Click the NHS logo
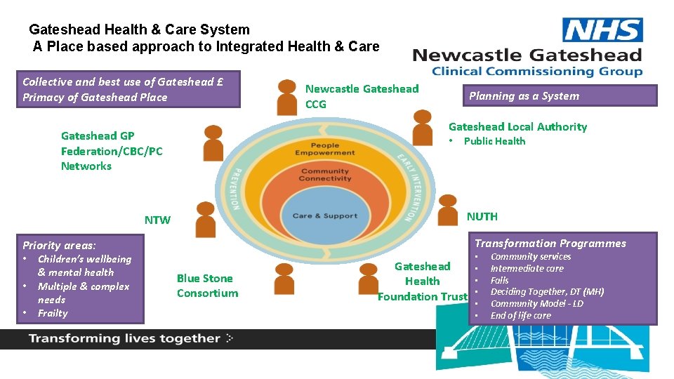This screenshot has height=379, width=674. [x=603, y=30]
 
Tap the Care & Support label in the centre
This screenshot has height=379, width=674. [x=324, y=215]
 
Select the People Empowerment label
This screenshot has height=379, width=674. [x=324, y=149]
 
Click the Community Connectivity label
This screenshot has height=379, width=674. [x=324, y=175]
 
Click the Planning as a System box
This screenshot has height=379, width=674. [x=559, y=96]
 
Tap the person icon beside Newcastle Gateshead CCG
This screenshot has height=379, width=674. [x=287, y=98]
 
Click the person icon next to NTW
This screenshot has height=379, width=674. [x=206, y=219]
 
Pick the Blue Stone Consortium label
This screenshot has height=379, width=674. [x=207, y=286]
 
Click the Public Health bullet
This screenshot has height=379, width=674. [x=494, y=141]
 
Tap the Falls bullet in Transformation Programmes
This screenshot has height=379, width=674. [x=499, y=280]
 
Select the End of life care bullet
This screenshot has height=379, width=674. [x=520, y=315]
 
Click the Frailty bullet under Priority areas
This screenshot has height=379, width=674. [x=53, y=313]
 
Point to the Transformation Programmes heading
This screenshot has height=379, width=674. [x=550, y=244]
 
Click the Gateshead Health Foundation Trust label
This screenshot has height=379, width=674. [x=423, y=281]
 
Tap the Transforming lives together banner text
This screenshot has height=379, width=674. [x=124, y=338]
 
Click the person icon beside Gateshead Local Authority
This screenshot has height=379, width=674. [x=422, y=127]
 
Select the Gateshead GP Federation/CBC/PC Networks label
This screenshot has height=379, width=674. [x=111, y=151]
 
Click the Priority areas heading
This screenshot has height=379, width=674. [x=59, y=245]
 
